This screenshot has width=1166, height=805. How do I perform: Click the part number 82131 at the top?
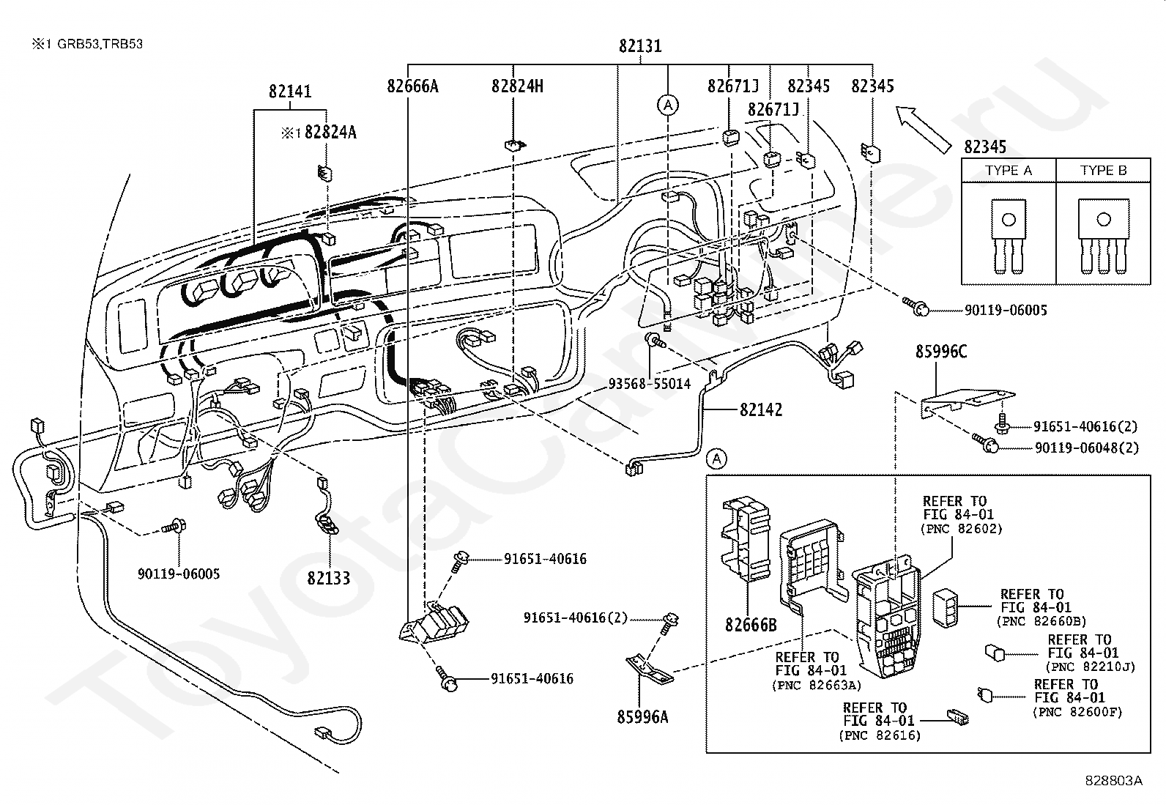(640, 46)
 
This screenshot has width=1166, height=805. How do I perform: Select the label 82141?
(290, 92)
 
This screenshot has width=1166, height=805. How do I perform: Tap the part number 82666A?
(413, 86)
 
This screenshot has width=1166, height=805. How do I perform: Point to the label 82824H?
(517, 86)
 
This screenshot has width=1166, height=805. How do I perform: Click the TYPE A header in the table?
(1009, 170)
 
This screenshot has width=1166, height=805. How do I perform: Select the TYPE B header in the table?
(1104, 170)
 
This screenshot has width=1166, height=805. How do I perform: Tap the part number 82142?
(761, 409)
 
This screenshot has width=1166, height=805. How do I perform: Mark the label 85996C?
(941, 352)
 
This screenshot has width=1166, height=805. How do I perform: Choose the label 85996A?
(642, 717)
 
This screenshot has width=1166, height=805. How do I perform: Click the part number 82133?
(328, 578)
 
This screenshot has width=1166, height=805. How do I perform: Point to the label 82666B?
(751, 625)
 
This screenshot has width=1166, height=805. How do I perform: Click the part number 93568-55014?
(650, 384)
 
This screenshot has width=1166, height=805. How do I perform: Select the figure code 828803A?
(1114, 781)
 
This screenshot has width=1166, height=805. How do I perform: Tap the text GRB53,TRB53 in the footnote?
(100, 44)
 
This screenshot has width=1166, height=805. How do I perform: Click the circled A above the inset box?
(717, 459)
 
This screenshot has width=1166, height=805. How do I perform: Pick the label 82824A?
(330, 133)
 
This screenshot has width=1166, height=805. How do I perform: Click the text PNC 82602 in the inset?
(962, 529)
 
